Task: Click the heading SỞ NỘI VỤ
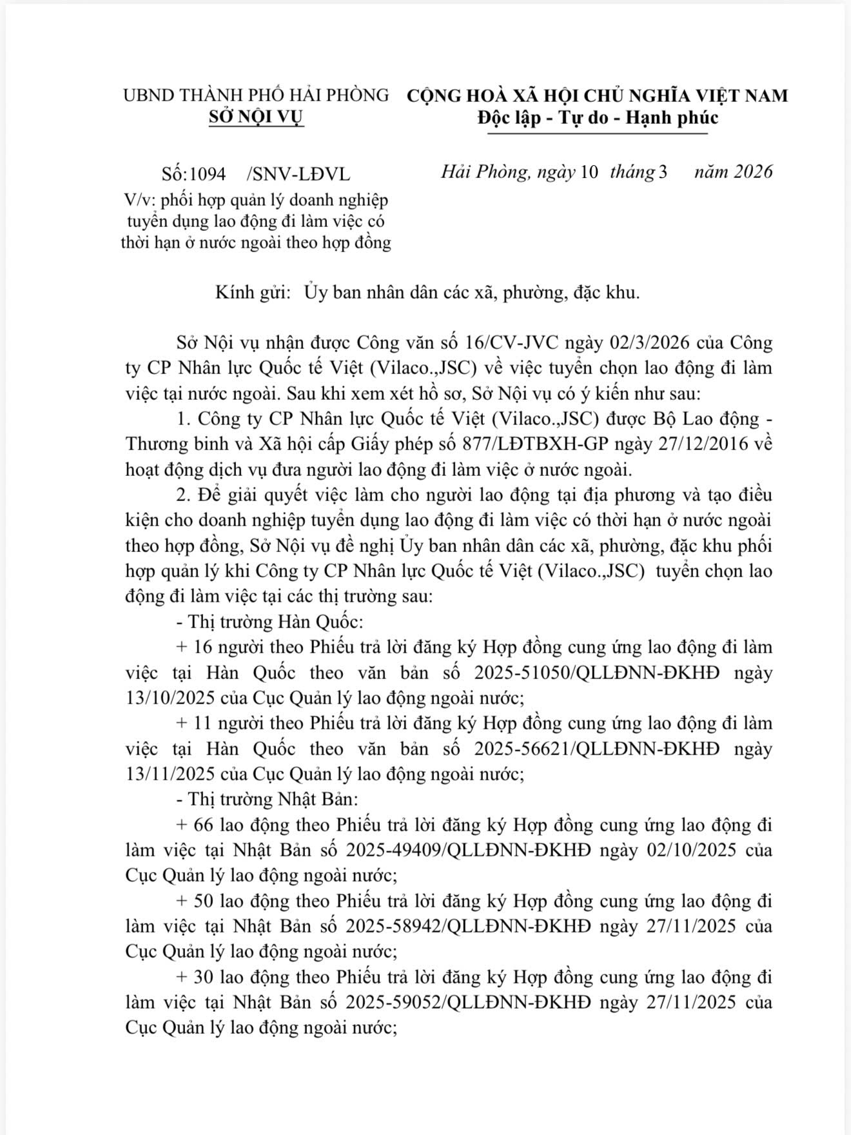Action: tap(257, 118)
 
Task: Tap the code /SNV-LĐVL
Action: tap(298, 174)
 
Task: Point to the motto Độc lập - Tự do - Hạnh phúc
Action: tap(598, 118)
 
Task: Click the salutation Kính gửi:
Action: tap(251, 293)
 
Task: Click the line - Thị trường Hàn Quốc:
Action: tap(269, 622)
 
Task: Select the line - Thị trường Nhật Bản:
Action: tap(266, 800)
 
